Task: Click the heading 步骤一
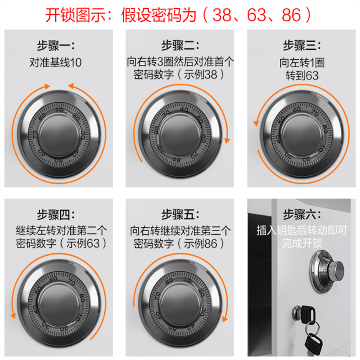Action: (x=56, y=45)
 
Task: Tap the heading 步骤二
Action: (x=180, y=45)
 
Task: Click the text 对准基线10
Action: (x=56, y=63)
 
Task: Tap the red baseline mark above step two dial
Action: (x=180, y=97)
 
